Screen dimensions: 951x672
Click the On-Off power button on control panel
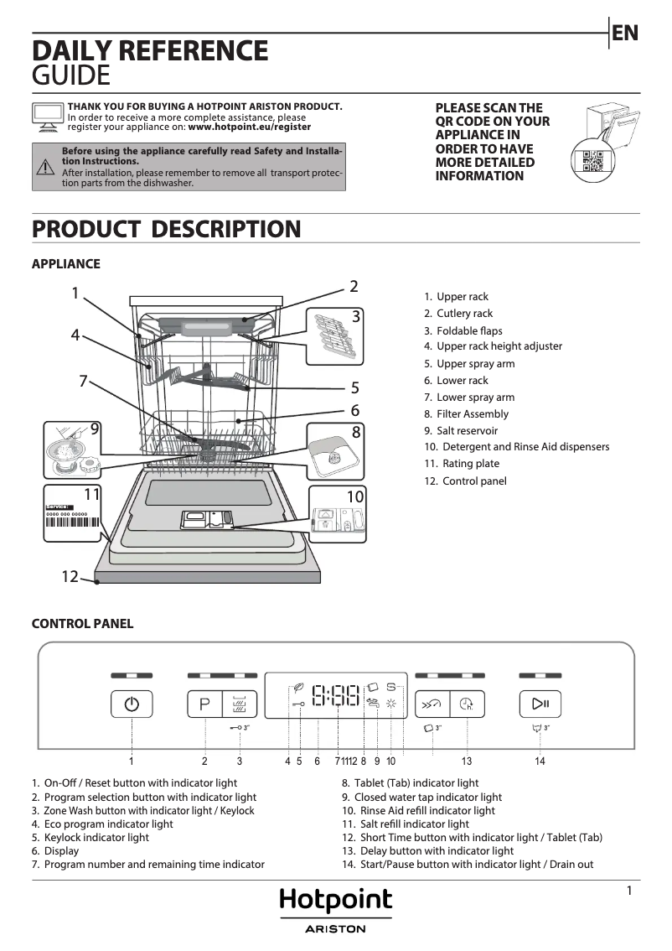coord(132,704)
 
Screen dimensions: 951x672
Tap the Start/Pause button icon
coord(540,704)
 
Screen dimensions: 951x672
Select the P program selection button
coord(204,704)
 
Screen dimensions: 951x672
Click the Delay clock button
coord(466,704)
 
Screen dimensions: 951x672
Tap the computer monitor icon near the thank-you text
coord(47,117)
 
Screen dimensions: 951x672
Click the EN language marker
coord(624,34)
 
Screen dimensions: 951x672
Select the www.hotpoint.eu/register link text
coord(249,127)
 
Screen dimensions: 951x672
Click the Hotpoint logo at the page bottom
coord(335,902)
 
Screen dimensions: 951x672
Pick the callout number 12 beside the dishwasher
coord(70,577)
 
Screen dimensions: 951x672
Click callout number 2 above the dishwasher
coord(354,286)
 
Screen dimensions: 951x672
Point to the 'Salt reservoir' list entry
coord(467,430)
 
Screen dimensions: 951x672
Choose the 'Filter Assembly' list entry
coord(472,413)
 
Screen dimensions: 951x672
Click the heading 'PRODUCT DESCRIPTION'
coord(166,229)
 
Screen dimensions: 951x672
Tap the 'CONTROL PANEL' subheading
coord(82,624)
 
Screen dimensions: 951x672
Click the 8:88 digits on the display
coord(335,695)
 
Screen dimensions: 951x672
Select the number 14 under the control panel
coord(540,761)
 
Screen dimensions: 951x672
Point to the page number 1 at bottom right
coord(628,891)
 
